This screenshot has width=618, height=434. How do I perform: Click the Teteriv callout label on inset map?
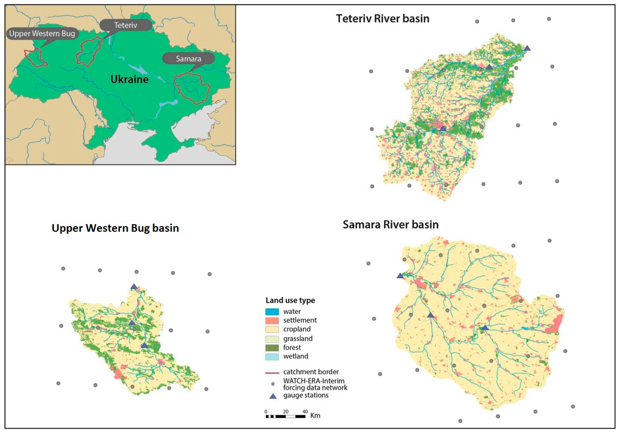pyautogui.click(x=126, y=25)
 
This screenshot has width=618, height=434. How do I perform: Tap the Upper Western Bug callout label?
pyautogui.click(x=42, y=34)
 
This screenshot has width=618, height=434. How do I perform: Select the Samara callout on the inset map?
pyautogui.click(x=188, y=59)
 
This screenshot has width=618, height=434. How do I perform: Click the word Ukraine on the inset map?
pyautogui.click(x=129, y=79)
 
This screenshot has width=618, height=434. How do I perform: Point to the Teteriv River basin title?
pyautogui.click(x=382, y=19)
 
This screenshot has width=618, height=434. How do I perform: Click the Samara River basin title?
pyautogui.click(x=391, y=224)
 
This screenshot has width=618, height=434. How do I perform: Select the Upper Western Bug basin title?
pyautogui.click(x=115, y=228)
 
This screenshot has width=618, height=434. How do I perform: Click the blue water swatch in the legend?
pyautogui.click(x=272, y=312)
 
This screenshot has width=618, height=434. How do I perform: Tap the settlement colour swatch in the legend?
pyautogui.click(x=272, y=321)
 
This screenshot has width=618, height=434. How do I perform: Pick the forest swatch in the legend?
pyautogui.click(x=272, y=348)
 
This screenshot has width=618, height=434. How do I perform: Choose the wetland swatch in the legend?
pyautogui.click(x=272, y=356)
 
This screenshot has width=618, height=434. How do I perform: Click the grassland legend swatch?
pyautogui.click(x=272, y=339)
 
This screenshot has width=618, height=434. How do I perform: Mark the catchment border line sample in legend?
pyautogui.click(x=272, y=373)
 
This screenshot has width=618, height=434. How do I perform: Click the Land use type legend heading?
pyautogui.click(x=290, y=300)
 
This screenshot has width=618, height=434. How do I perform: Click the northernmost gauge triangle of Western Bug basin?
pyautogui.click(x=134, y=287)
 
